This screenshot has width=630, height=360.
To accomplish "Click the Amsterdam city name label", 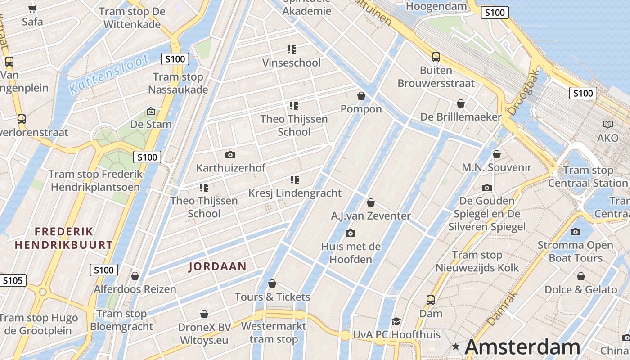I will pyautogui.click(x=522, y=347).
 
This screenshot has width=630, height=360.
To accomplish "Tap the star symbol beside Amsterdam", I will pyautogui.click(x=456, y=346).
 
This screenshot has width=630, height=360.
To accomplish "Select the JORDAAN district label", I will pyautogui.click(x=217, y=266).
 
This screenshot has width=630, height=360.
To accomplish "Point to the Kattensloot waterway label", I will pyautogui.click(x=109, y=74).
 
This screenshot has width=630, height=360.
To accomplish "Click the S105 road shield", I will pyautogui.click(x=12, y=280).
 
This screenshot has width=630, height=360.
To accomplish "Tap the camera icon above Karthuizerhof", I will pyautogui.click(x=230, y=155).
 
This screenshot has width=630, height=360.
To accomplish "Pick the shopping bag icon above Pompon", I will pyautogui.click(x=361, y=96).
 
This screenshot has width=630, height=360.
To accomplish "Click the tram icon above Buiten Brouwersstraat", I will pyautogui.click(x=436, y=57).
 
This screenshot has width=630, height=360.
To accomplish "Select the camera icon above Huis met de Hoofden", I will pyautogui.click(x=351, y=233).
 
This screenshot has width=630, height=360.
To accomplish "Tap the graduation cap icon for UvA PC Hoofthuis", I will pyautogui.click(x=396, y=321).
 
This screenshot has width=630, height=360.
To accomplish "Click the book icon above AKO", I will pyautogui.click(x=608, y=125).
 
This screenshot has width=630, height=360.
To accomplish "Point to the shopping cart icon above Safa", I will pyautogui.click(x=32, y=9).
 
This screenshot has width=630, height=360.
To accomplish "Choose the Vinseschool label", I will pyautogui.click(x=292, y=63).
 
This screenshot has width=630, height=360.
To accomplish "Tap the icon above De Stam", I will pyautogui.click(x=151, y=111).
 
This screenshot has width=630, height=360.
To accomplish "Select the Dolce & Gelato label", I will pyautogui.click(x=581, y=289).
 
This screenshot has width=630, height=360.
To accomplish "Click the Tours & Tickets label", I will pyautogui.click(x=273, y=297).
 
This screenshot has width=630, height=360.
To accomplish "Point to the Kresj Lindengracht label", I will pyautogui.click(x=295, y=193).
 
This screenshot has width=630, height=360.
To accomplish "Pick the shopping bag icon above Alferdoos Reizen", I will pyautogui.click(x=135, y=276).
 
